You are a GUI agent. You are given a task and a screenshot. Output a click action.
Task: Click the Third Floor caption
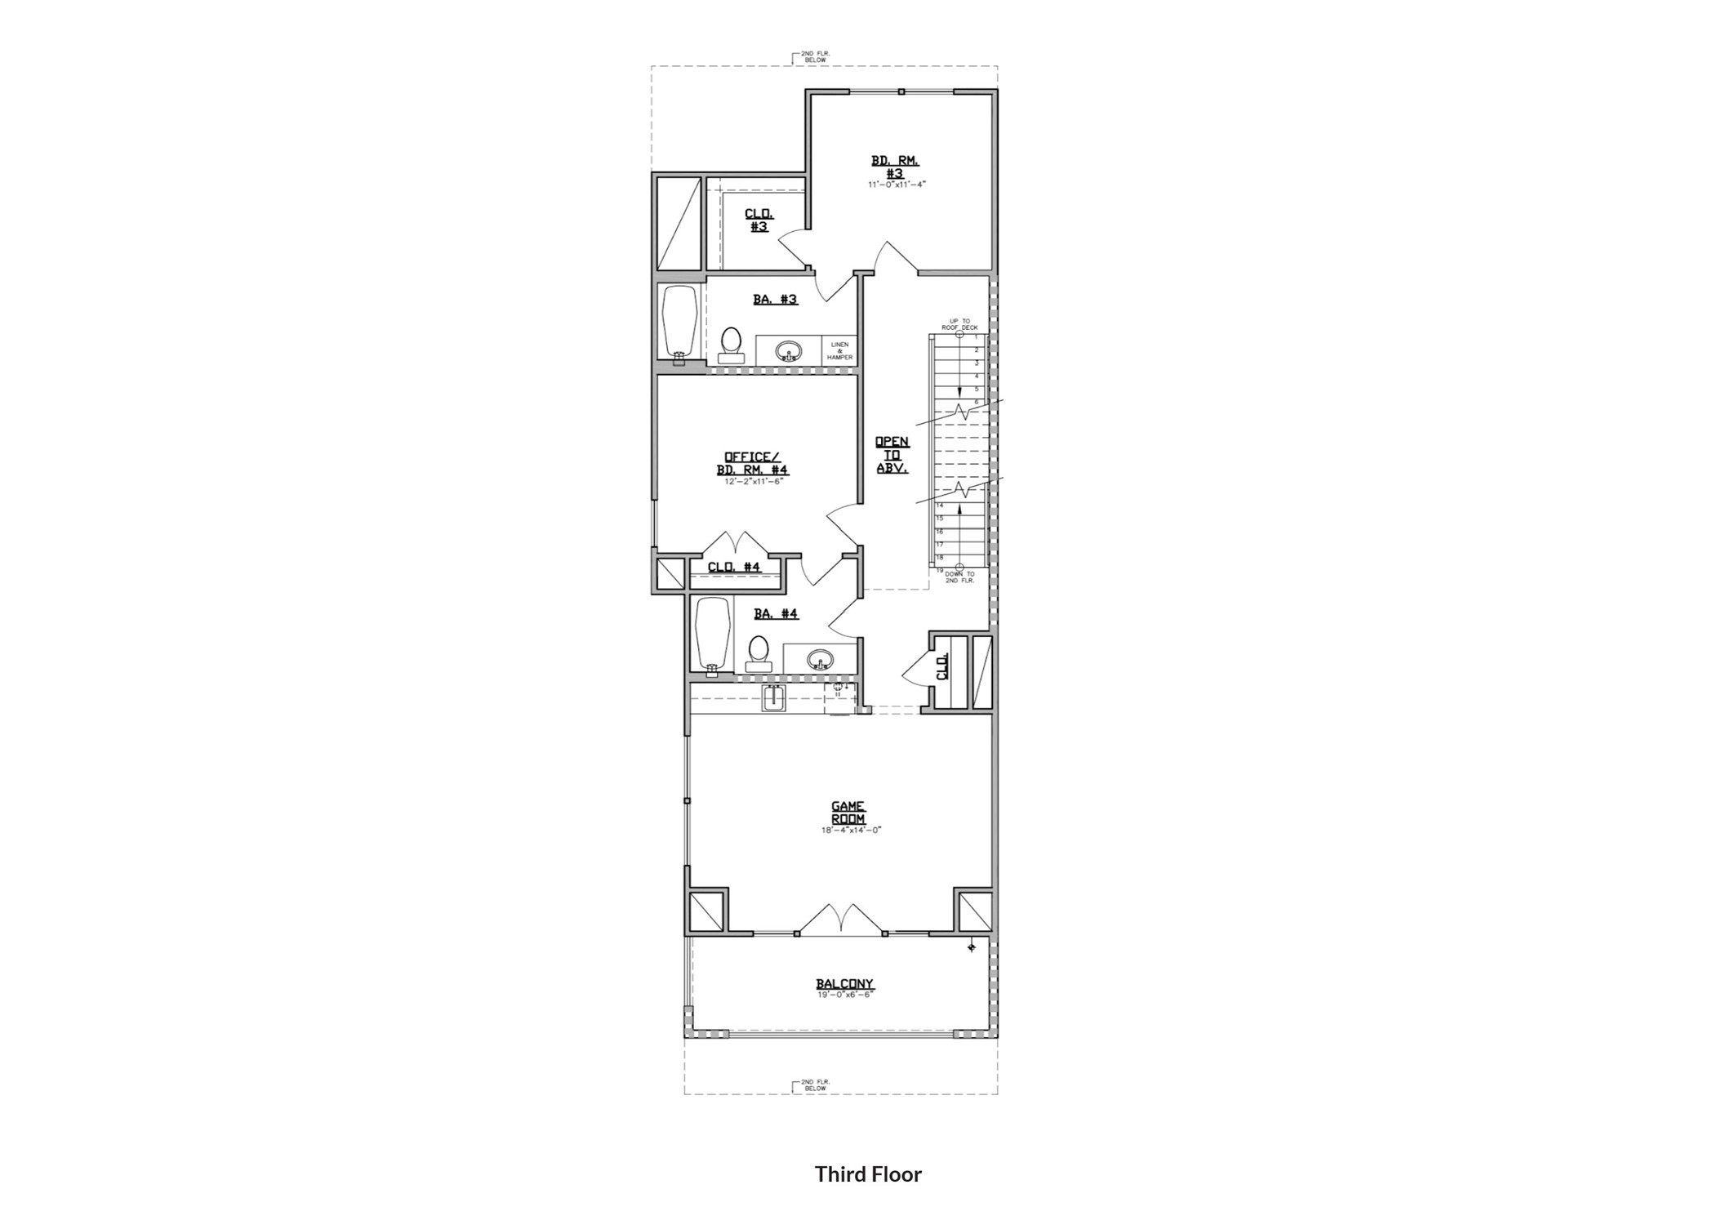point(868,1174)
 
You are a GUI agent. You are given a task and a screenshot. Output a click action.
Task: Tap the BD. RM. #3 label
point(895,167)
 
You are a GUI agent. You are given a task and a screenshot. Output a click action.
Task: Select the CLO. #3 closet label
point(759,220)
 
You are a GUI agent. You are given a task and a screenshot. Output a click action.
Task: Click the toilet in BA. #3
point(731,344)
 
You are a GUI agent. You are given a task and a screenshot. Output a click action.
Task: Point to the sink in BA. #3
point(788,351)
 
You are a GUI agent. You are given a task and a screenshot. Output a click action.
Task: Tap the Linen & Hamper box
point(839,351)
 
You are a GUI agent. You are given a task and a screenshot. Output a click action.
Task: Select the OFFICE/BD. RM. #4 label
point(753,463)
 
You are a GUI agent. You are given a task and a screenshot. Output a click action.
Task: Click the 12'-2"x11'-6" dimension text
point(753,482)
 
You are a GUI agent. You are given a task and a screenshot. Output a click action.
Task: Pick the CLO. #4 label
point(733,567)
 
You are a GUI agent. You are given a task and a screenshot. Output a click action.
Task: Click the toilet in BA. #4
point(759,653)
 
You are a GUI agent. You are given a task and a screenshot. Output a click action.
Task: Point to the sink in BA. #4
point(819,659)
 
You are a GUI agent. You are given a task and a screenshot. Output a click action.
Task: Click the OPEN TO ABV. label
point(892,455)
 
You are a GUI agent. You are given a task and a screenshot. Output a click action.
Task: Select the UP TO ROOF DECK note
point(959,324)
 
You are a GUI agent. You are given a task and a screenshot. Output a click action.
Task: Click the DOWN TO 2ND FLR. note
point(959,577)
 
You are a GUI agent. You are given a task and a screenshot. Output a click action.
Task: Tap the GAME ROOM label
point(848,813)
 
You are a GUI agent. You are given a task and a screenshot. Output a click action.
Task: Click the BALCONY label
point(844,984)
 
